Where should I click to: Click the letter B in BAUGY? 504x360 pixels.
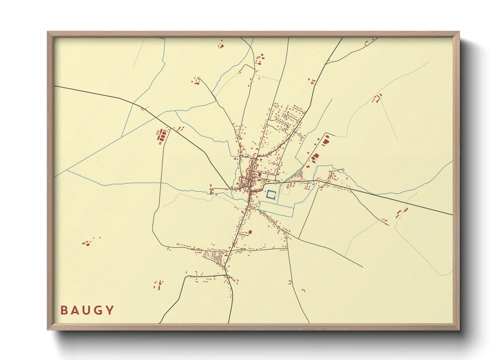(64, 310)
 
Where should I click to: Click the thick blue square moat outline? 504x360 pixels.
(271, 195)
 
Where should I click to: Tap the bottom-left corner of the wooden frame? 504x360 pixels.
(48, 329)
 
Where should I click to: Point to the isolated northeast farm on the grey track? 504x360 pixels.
(377, 98)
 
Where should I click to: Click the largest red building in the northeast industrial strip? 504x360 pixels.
(326, 141)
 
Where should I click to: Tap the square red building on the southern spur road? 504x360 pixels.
(250, 232)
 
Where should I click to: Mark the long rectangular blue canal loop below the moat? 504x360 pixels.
(276, 209)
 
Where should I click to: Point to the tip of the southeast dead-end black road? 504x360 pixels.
(363, 267)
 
